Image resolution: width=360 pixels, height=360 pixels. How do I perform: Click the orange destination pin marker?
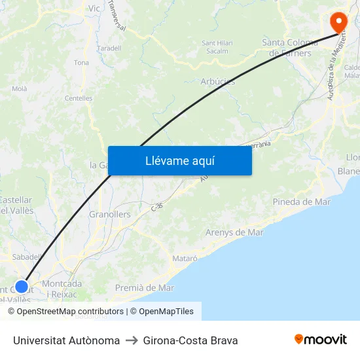click(x=339, y=21)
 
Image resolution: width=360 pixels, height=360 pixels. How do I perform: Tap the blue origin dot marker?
click(x=22, y=286)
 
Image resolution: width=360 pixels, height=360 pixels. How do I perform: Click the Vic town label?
click(x=94, y=9)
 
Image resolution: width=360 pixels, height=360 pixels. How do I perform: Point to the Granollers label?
click(x=109, y=214)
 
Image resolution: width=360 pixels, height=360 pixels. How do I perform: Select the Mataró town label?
click(x=185, y=259)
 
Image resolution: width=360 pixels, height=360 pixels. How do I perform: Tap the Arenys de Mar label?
click(x=234, y=232)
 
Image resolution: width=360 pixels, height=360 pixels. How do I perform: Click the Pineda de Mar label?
click(x=302, y=202)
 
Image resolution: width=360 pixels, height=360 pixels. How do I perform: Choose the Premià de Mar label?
click(x=144, y=287)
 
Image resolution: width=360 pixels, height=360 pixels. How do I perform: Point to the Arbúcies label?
click(x=218, y=82)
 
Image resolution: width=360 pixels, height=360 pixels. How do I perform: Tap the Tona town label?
click(x=81, y=63)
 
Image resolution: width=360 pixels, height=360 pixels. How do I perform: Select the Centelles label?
click(x=79, y=98)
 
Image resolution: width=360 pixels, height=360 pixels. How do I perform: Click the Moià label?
click(x=20, y=88)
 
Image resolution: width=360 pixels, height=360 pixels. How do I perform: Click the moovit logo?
click(x=320, y=340)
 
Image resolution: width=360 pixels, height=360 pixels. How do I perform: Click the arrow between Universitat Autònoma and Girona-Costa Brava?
click(x=131, y=340)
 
